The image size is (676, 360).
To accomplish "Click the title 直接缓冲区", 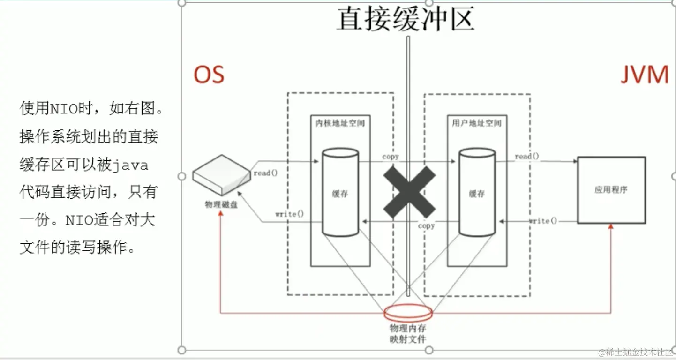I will click(406, 19).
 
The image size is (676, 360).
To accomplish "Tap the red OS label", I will click(209, 75).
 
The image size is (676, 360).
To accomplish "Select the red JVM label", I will click(645, 75).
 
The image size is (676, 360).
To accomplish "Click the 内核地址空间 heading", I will click(340, 123).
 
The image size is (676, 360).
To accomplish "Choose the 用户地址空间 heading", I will click(476, 123).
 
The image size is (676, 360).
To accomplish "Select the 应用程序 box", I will click(611, 190).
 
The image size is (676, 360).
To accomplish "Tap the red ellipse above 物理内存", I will click(407, 312).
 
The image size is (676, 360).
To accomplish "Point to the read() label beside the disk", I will click(265, 173).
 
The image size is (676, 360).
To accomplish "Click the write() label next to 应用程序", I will click(543, 221).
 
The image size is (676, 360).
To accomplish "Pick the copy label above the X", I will click(391, 156).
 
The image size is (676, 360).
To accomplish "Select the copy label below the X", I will click(426, 226).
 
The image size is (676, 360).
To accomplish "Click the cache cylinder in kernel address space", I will click(340, 192).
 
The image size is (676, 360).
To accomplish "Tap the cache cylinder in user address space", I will click(477, 192).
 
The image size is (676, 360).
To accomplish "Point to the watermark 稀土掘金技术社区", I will click(636, 352).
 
